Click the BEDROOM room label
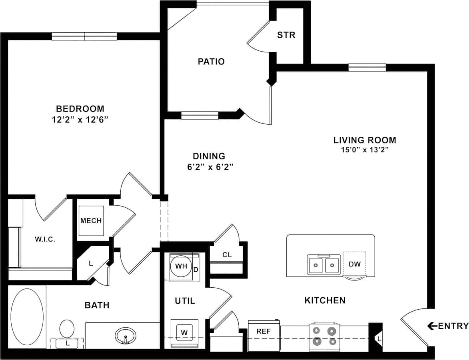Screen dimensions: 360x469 point(80,108)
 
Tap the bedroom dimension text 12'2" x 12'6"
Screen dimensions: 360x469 point(80,119)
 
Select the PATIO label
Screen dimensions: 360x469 point(211,62)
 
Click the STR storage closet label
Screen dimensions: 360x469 point(286,35)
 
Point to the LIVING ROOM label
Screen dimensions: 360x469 point(365,140)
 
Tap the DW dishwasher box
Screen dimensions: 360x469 point(354,264)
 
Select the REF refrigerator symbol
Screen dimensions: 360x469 point(263,332)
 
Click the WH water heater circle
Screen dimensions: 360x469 point(180,267)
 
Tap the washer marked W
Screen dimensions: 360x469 point(184,332)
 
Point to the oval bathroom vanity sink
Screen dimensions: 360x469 point(125,336)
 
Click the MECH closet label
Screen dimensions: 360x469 point(91,221)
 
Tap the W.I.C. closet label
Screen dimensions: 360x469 point(44,239)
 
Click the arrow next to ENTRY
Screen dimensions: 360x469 point(432,326)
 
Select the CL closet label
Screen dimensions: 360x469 point(227,255)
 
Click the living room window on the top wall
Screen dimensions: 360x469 point(367,68)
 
